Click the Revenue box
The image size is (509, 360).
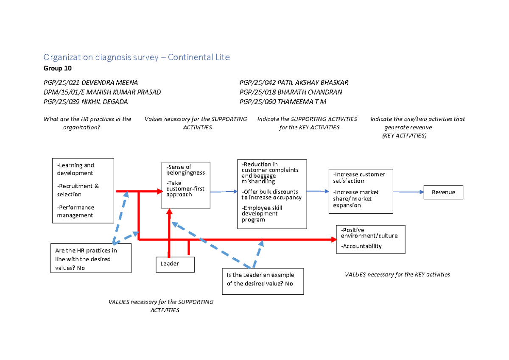coord(443,193)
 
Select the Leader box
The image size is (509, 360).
coord(175,264)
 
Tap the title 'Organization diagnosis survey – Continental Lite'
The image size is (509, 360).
coord(137,57)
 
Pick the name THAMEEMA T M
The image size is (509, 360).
coord(302,102)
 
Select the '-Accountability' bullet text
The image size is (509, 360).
coord(361,246)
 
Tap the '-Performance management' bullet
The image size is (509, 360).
coord(76,211)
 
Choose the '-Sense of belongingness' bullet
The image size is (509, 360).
coord(185,170)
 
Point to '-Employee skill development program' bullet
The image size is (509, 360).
coord(262,214)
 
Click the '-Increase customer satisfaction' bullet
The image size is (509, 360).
coord(359,177)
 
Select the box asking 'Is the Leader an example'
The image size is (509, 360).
coord(263,281)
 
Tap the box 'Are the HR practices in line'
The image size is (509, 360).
coord(90,259)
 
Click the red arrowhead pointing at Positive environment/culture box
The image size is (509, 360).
coord(333,240)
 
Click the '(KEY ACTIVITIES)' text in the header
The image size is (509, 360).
coord(404,136)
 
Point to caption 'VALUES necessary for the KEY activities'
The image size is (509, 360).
coord(397,274)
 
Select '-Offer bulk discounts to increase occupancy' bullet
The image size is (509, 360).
coord(271,194)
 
